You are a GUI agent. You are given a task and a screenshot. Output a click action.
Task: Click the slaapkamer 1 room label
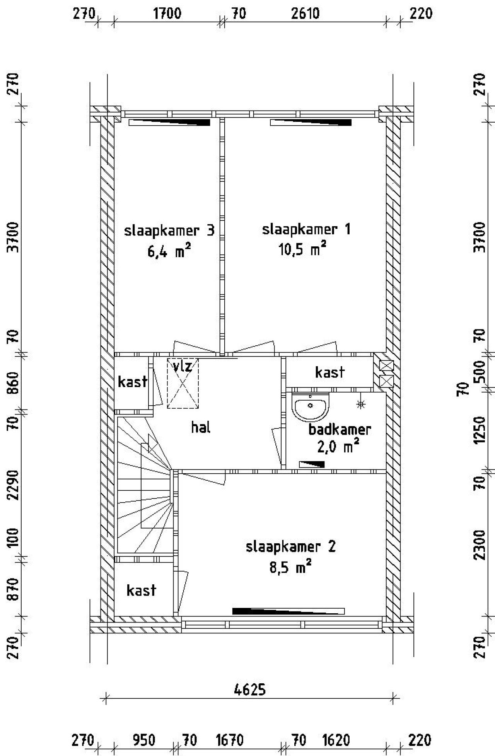[x=306, y=229]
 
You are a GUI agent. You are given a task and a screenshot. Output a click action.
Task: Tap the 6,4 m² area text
[x=169, y=252]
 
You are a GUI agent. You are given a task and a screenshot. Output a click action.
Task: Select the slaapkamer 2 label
[x=290, y=546]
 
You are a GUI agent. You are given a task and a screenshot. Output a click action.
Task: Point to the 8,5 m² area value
[x=290, y=568]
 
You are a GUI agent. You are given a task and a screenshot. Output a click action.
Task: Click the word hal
[x=201, y=427]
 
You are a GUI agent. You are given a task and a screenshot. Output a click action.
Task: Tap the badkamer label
[x=340, y=429]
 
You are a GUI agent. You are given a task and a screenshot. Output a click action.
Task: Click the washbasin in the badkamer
[x=310, y=406]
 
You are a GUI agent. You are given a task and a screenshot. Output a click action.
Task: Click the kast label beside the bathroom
[x=329, y=372]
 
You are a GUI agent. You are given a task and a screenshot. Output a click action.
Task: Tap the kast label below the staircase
[x=142, y=590]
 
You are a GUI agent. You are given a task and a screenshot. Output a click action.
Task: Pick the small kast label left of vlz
[x=132, y=382]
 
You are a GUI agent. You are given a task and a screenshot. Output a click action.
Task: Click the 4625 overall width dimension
[x=250, y=689]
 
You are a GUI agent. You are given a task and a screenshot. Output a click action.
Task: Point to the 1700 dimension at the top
[x=167, y=14]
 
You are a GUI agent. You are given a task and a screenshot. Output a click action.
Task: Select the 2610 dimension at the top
[x=305, y=14]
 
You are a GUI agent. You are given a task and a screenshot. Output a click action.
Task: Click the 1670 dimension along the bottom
[x=229, y=740]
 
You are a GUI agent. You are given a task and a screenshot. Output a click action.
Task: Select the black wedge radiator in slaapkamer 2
[x=288, y=611]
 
